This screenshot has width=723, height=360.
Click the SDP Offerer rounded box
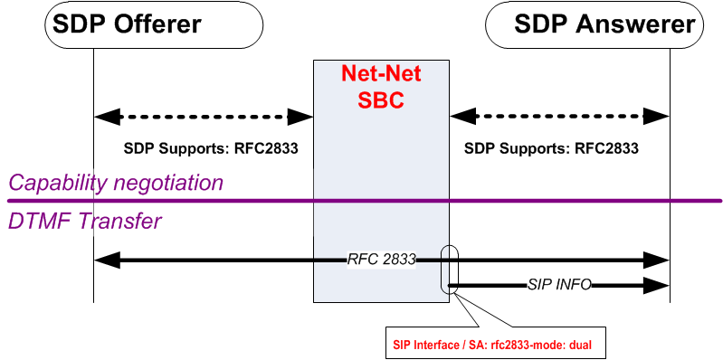[127, 25]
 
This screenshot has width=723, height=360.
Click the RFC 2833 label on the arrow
[381, 260]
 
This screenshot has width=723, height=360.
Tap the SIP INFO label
[559, 284]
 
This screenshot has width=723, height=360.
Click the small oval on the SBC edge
[450, 269]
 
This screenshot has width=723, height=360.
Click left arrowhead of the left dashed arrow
[106, 116]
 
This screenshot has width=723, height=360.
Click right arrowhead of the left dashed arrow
[300, 116]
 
